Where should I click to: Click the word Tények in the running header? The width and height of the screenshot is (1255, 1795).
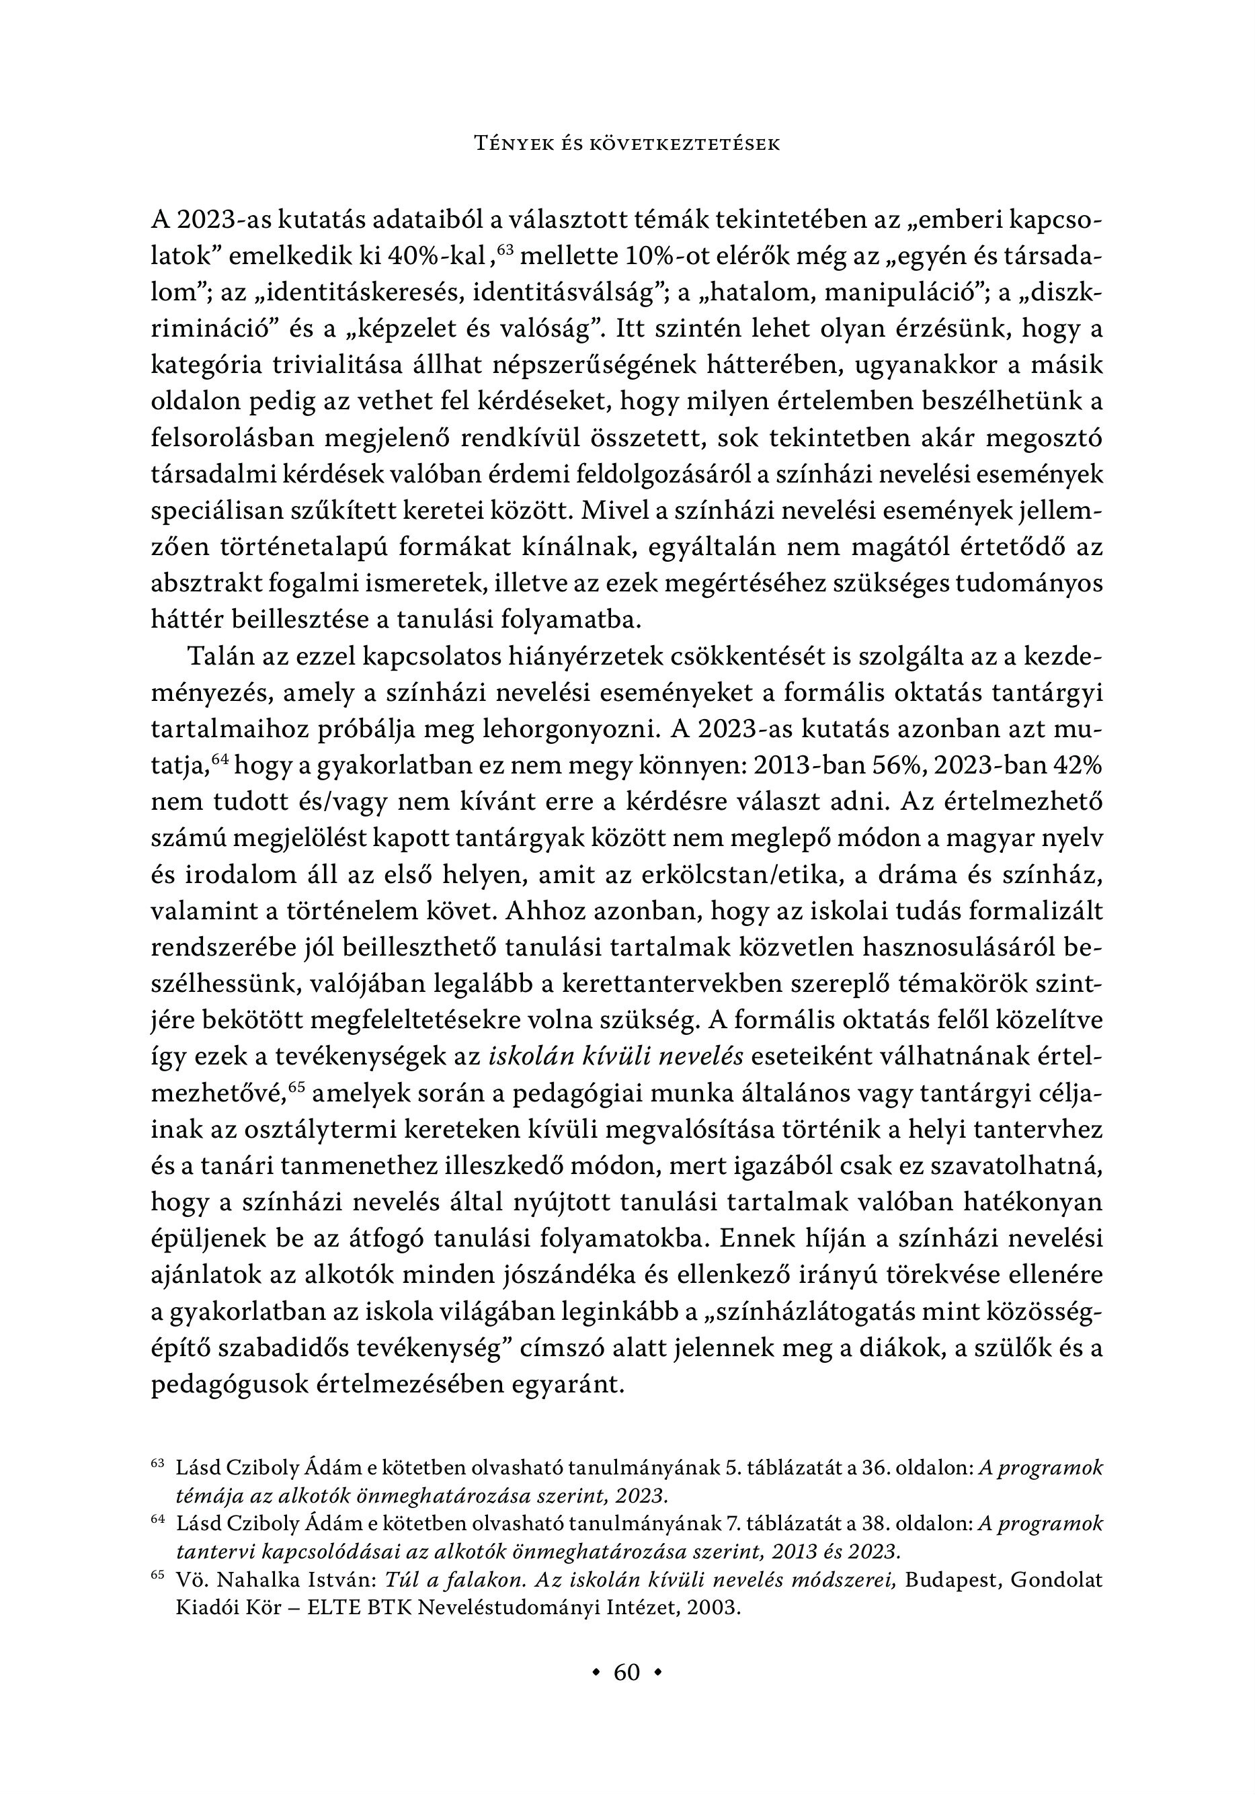pyautogui.click(x=512, y=144)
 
